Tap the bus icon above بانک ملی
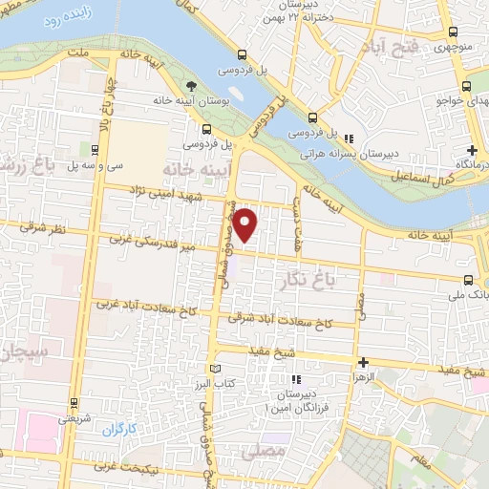click(468, 280)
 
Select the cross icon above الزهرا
click(363, 362)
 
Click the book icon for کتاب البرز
click(215, 369)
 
